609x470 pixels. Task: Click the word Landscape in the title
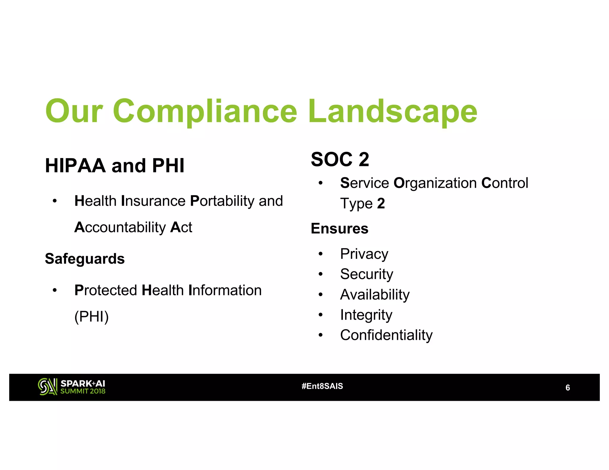393,111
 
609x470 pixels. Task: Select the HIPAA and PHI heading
115,165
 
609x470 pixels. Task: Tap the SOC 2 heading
340,159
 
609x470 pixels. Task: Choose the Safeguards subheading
85,258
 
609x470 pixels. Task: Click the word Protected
106,290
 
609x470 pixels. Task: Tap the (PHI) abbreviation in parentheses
92,316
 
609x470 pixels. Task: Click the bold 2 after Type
381,204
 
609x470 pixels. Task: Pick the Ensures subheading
340,228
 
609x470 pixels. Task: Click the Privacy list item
364,254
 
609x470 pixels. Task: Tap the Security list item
367,274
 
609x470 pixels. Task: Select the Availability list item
375,295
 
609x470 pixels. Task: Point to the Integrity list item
366,315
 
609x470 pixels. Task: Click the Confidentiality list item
386,335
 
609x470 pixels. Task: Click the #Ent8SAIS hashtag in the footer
322,386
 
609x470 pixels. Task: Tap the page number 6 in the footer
568,388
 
